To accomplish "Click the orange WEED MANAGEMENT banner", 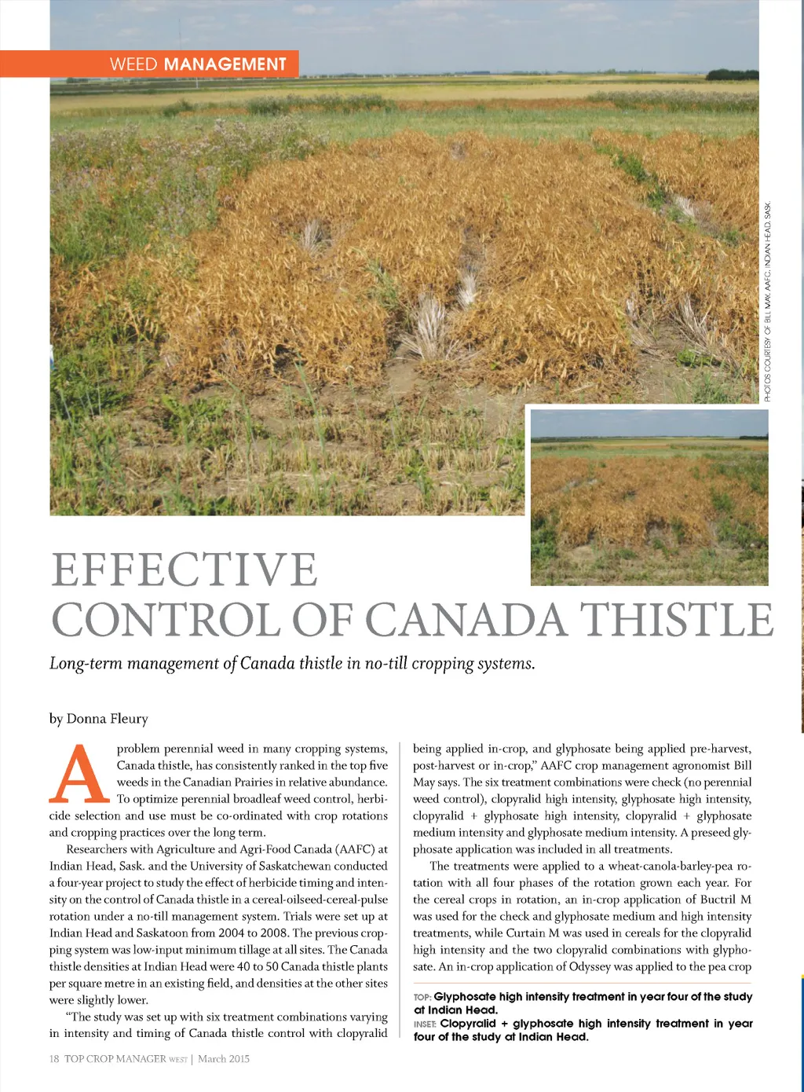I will point(149,64).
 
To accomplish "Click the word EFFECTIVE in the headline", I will point(185,570).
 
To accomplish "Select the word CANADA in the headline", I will point(466,620).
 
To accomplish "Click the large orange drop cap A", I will point(79,773).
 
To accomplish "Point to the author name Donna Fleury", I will point(107,718).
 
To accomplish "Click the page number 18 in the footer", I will point(54,1059).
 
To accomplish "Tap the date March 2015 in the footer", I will point(224,1059).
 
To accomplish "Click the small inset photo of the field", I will point(649,497).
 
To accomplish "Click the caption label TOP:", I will point(422,997).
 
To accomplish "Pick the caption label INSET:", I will point(425,1024).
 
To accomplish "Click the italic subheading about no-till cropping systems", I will point(292,663).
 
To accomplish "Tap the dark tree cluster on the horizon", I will point(732,75).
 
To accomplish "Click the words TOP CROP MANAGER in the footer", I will point(115,1059).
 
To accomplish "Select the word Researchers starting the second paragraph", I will point(96,849).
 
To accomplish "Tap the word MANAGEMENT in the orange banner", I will point(225,64).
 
